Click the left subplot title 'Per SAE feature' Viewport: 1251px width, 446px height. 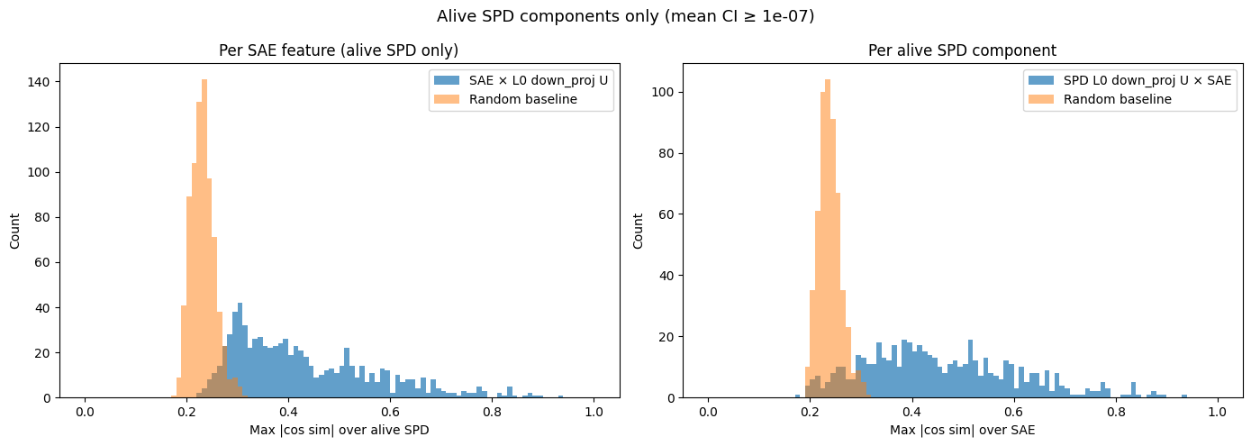339,51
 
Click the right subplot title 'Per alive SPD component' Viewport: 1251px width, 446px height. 962,51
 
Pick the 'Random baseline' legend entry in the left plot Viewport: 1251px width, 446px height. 519,98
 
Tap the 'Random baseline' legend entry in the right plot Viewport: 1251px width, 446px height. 1118,98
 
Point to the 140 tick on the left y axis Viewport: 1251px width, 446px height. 42,82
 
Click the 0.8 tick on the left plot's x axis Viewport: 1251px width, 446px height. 492,413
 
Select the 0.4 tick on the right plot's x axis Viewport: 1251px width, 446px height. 912,413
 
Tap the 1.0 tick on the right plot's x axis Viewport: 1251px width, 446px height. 1218,413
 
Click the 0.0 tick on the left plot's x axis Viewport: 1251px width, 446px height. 85,413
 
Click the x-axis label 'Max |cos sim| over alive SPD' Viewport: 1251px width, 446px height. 339,431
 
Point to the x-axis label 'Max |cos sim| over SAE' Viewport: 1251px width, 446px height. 962,431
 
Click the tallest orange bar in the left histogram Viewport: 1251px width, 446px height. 204,239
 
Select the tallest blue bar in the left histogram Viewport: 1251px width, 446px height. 240,351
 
